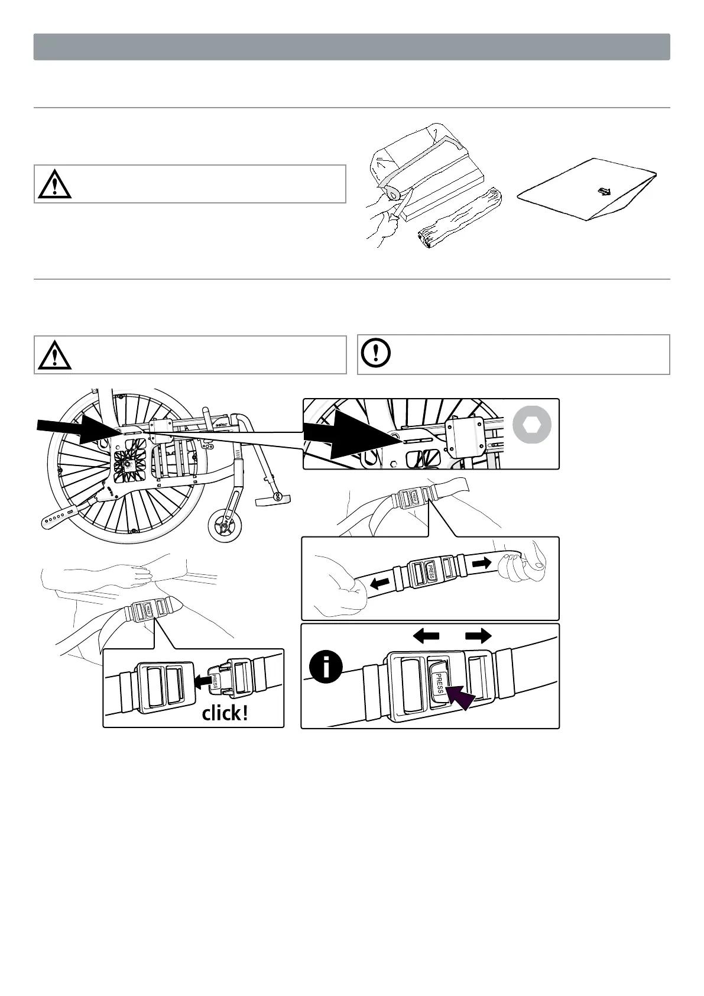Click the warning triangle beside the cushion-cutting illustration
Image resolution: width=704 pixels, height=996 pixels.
click(54, 184)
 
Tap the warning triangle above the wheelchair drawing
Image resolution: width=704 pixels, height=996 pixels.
click(54, 355)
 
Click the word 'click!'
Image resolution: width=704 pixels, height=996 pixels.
click(225, 713)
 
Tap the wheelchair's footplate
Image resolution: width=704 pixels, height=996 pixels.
click(274, 501)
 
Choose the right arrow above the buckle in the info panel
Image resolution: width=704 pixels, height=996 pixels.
click(478, 636)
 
